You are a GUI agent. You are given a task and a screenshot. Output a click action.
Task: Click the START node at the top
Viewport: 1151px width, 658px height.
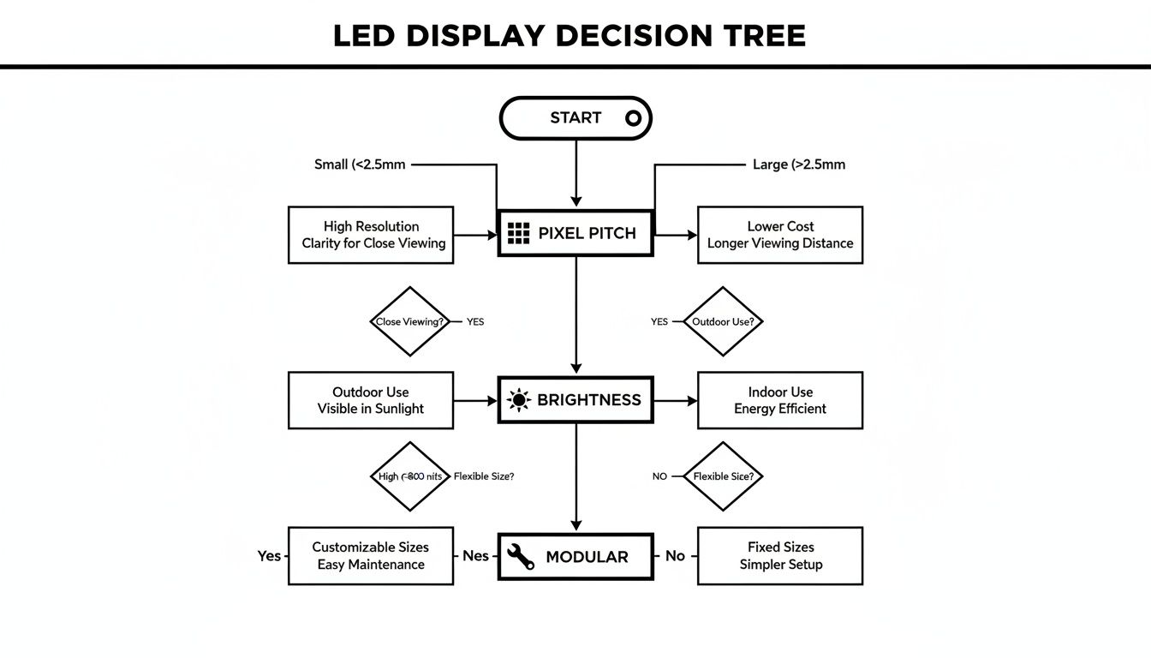click(575, 118)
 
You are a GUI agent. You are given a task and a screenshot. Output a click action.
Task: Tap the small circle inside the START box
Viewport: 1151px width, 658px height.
click(633, 118)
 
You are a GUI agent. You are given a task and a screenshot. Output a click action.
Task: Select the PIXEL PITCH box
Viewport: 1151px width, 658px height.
click(575, 233)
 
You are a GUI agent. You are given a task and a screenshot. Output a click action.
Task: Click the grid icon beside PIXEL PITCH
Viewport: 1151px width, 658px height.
click(519, 233)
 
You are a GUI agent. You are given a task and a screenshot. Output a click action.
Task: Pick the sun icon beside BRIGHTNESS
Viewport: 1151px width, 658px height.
click(518, 400)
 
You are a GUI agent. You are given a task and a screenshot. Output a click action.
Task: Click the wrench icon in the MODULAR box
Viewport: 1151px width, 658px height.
click(519, 557)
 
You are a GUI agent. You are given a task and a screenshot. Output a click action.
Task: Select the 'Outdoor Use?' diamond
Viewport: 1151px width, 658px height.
click(724, 322)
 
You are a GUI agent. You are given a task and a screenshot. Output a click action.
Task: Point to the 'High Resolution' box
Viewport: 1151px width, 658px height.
click(371, 235)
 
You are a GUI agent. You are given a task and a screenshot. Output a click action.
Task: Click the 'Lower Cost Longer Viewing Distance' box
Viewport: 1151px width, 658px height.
click(779, 235)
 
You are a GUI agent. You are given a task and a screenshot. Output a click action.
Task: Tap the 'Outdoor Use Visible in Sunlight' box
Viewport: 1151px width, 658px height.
click(371, 400)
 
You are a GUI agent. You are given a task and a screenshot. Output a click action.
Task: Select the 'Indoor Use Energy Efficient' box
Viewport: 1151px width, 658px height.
click(779, 400)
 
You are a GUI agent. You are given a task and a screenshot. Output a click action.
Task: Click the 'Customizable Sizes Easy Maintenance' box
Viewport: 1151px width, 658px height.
click(371, 556)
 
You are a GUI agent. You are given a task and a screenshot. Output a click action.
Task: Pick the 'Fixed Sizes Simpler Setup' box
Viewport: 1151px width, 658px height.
click(779, 556)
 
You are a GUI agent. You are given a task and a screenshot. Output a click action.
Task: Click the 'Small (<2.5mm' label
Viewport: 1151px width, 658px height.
click(360, 164)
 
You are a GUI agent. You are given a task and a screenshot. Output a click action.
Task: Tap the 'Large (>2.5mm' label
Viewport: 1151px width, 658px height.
click(798, 164)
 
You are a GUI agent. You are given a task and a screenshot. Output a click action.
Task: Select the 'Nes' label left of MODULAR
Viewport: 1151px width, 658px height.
click(475, 556)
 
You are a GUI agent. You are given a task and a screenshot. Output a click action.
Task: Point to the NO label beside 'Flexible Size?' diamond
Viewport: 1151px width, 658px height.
click(659, 476)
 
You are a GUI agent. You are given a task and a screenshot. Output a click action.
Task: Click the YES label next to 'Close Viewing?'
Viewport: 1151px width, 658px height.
click(475, 322)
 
